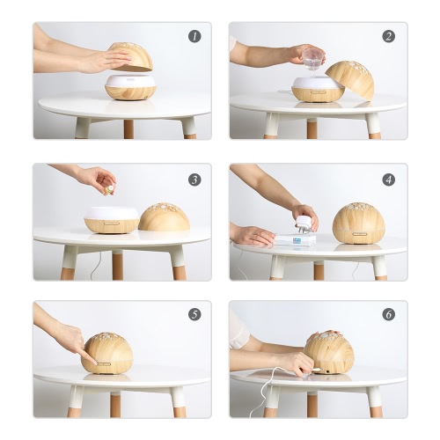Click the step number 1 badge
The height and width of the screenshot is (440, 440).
pyautogui.click(x=194, y=36)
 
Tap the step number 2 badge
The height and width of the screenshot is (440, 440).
pyautogui.click(x=389, y=36)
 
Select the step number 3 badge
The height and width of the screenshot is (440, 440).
pyautogui.click(x=194, y=180)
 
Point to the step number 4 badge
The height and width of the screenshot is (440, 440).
pyautogui.click(x=389, y=180)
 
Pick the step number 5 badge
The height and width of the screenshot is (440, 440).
pyautogui.click(x=194, y=314)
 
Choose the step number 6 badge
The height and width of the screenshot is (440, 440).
pyautogui.click(x=389, y=314)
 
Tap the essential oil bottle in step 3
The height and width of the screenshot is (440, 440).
pyautogui.click(x=109, y=189)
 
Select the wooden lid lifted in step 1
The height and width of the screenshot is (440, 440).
pyautogui.click(x=131, y=56)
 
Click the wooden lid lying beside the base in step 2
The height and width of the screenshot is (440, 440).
pyautogui.click(x=351, y=78)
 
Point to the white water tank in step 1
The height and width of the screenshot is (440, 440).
pyautogui.click(x=131, y=81)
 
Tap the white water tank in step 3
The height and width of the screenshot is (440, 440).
pyautogui.click(x=112, y=213)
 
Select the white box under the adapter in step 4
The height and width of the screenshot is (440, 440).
pyautogui.click(x=297, y=239)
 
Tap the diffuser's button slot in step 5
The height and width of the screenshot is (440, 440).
pyautogui.click(x=104, y=364)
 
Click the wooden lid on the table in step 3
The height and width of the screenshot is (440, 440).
pyautogui.click(x=164, y=216)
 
